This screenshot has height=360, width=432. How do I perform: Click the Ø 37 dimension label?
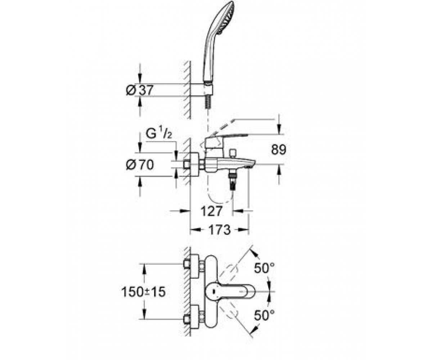pos(140,90)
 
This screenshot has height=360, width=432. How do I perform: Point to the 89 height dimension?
pos(279,149)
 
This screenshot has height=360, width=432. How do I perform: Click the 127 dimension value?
pos(211,211)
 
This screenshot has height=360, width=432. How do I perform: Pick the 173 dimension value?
pos(219,230)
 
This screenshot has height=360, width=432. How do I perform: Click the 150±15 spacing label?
pos(143,292)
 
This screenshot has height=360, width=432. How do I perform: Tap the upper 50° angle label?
pos(264,268)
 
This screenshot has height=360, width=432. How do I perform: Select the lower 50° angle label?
pos(264,315)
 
